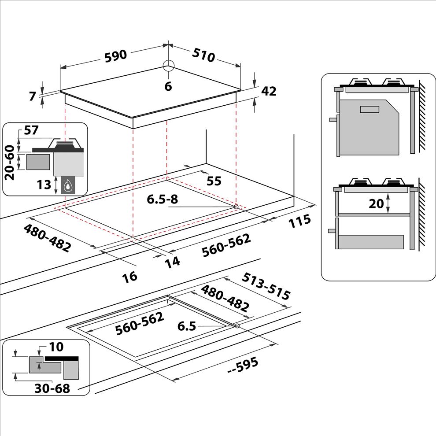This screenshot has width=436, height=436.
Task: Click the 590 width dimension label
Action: coord(116,56)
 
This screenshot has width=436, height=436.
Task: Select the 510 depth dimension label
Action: coord(203,55)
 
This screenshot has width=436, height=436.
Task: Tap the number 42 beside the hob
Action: coord(269,91)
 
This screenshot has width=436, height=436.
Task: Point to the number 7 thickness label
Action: coord(33,96)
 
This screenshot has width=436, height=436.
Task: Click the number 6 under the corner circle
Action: coord(168,86)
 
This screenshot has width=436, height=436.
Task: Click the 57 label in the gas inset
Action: coord(31,130)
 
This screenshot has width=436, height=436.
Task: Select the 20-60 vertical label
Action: coord(10,163)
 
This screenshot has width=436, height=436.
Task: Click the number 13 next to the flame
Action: coord(44,185)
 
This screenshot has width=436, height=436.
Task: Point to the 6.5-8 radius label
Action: coord(163,199)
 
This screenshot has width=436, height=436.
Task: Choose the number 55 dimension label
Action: coord(214,181)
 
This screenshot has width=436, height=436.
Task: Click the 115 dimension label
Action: coord(299,221)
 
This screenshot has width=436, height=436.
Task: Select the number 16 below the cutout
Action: coord(129,277)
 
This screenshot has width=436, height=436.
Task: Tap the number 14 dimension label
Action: coord(172,262)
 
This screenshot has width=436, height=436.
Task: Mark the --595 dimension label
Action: coord(243,366)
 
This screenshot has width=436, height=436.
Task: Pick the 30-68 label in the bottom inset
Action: coord(52,388)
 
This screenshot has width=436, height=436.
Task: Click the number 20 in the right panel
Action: coord(376,204)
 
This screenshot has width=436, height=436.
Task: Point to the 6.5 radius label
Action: coord(187,326)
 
